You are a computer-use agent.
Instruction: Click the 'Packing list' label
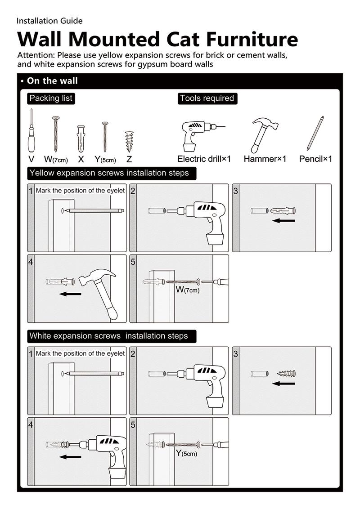(50, 98)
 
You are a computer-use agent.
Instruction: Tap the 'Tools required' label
(207, 98)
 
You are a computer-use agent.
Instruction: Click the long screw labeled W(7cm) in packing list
(56, 134)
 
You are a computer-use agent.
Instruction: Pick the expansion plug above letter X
(81, 139)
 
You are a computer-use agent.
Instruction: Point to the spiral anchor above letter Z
(130, 141)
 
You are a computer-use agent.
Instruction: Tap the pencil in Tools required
(315, 134)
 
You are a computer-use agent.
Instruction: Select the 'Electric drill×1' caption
(204, 159)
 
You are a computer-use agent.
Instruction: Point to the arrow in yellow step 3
(284, 221)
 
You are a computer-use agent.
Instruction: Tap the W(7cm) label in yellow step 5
(188, 290)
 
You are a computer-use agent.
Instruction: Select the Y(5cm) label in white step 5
(186, 453)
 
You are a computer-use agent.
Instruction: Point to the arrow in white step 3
(284, 384)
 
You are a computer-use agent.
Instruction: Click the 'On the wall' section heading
(52, 81)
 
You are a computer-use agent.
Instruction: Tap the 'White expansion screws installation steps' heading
(108, 336)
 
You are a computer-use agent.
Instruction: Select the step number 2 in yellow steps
(133, 191)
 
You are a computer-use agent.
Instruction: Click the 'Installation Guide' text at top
(49, 21)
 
